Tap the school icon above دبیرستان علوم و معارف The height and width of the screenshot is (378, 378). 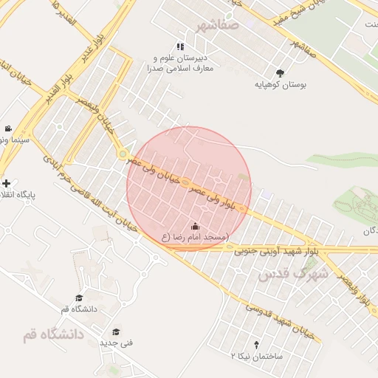tap(180, 47)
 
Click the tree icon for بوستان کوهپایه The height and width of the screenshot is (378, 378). tap(280, 72)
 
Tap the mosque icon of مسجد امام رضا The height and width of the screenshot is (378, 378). tap(195, 226)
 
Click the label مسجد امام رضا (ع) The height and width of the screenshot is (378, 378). tap(195, 238)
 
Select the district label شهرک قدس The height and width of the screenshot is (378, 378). tap(292, 274)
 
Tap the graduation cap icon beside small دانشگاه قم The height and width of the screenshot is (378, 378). tap(78, 298)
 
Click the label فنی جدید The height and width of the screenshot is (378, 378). tap(116, 343)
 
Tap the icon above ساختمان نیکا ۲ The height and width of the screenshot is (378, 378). tap(256, 344)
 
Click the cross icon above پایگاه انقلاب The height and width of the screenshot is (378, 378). tap(7, 183)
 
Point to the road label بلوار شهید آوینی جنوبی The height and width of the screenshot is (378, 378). tap(277, 251)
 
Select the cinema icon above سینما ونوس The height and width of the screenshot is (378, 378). tap(7, 128)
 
